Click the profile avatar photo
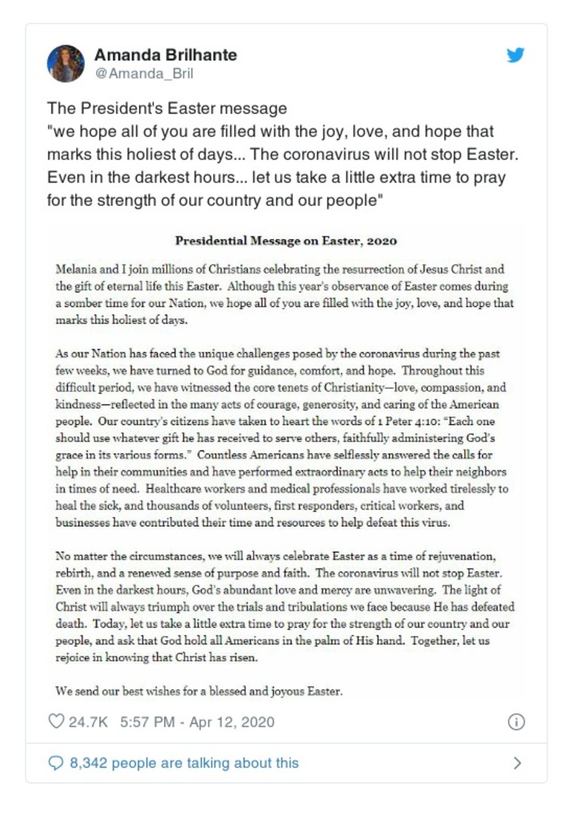coord(66,64)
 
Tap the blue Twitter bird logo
coord(516,55)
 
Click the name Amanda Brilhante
coord(165,55)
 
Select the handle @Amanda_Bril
coord(144,74)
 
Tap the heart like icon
coord(56,721)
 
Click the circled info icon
coord(516,722)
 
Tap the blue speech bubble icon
coord(56,762)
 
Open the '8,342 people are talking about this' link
coord(184,762)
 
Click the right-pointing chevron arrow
coord(517,763)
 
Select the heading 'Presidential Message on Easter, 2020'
coord(286,241)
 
